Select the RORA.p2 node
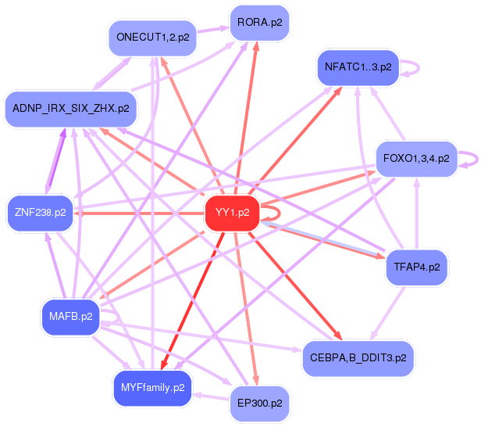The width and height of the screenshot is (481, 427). (x=259, y=23)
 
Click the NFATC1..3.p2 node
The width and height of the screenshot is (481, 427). (x=358, y=67)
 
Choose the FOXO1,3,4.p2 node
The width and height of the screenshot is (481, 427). (x=416, y=159)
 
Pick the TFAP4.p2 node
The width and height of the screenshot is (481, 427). (x=416, y=267)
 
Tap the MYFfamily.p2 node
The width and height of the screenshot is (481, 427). (x=153, y=387)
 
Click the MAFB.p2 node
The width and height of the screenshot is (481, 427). (x=70, y=317)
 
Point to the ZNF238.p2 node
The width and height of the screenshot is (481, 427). (x=40, y=212)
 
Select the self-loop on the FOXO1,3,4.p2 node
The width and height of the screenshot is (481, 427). (x=471, y=159)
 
